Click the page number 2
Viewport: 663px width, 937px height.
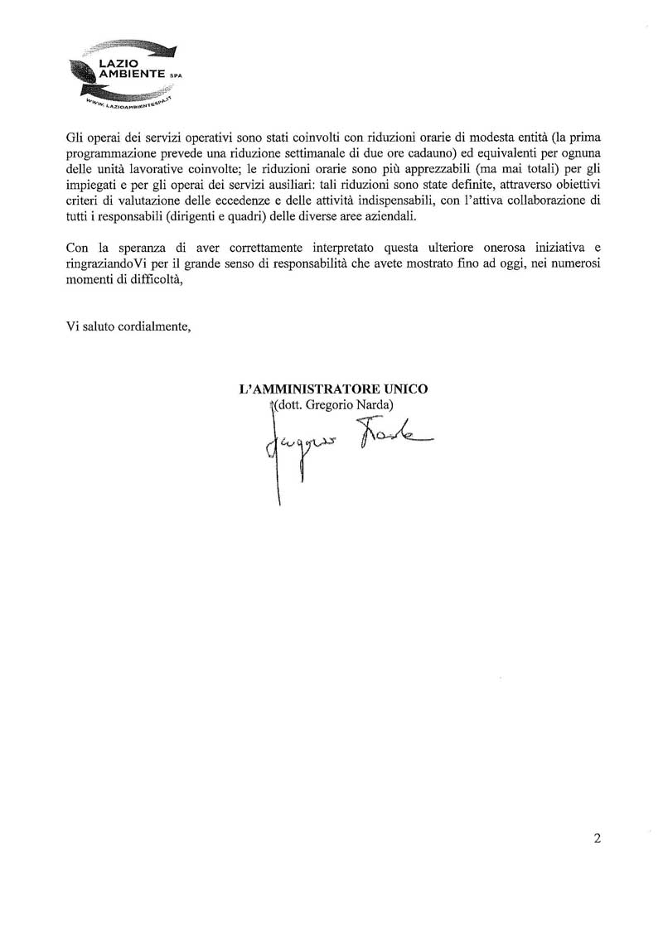(598, 838)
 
